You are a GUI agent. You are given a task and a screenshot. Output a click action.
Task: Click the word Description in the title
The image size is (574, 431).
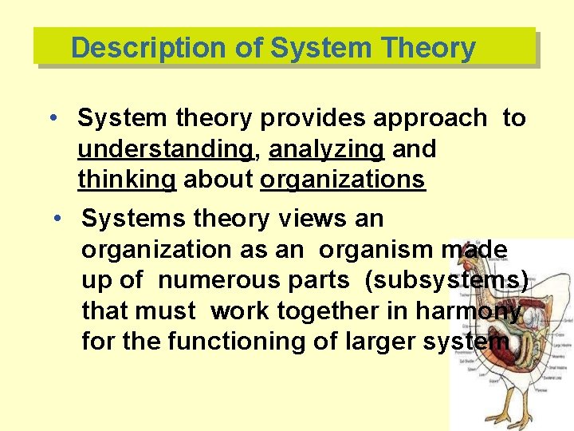(148, 48)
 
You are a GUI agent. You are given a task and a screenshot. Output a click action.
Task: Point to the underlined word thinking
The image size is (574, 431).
(126, 180)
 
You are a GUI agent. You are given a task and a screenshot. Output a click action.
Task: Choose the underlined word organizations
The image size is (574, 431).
(343, 180)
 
